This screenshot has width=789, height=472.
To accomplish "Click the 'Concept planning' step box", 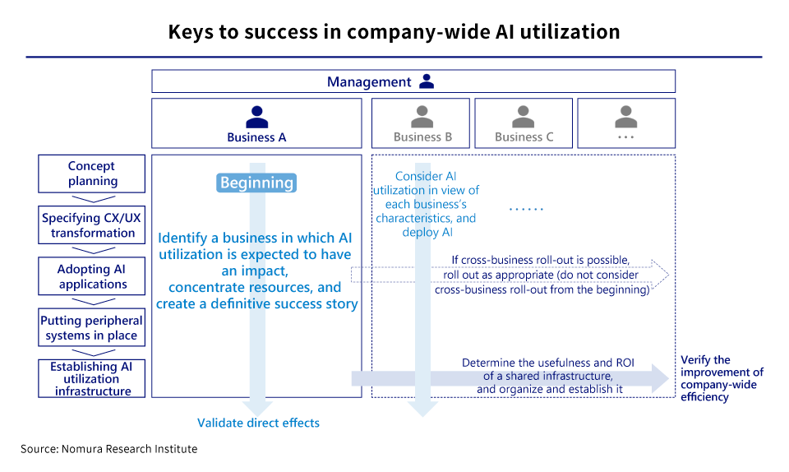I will [x=92, y=174].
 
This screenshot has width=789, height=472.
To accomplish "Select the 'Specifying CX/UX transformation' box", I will [x=92, y=225].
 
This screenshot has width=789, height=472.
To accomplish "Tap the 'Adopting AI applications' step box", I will [x=92, y=276].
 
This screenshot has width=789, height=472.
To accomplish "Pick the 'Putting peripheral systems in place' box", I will [x=92, y=327].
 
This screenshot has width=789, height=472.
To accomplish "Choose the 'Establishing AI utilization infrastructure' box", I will [x=92, y=378].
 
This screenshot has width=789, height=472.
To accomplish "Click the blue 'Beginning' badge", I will [x=256, y=183].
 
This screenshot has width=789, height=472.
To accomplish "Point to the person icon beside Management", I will [x=426, y=81].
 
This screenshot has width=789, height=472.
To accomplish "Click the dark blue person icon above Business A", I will [x=256, y=116].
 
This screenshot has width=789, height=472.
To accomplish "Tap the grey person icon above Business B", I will [x=422, y=116].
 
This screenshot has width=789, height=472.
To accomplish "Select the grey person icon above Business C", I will [x=524, y=116].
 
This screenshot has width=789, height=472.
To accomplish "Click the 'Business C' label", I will [x=524, y=137].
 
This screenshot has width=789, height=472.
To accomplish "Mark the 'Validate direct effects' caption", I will [x=258, y=423].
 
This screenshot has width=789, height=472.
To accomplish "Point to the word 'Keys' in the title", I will [x=191, y=32].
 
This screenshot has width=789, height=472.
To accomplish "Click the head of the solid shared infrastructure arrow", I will [x=660, y=378].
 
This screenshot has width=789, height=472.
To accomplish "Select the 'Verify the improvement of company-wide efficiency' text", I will [x=722, y=378].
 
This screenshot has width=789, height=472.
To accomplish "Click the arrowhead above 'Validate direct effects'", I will [x=258, y=406].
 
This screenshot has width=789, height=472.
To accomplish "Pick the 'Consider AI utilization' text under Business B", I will [x=426, y=203].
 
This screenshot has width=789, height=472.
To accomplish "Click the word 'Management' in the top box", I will [x=369, y=81].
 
